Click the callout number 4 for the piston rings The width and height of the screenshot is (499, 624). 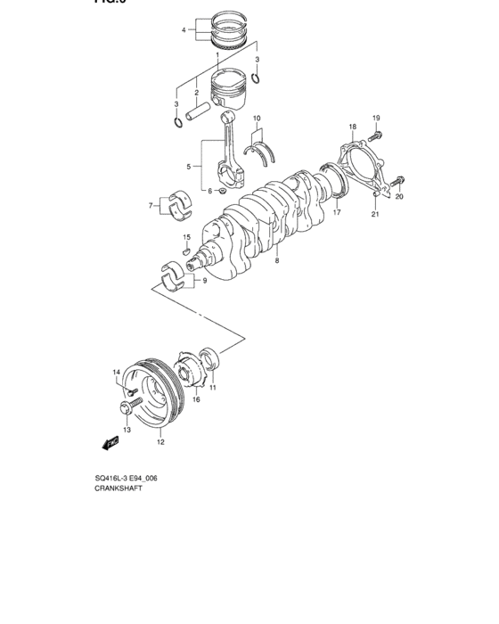click(184, 30)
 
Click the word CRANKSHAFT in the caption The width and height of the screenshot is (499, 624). click(119, 490)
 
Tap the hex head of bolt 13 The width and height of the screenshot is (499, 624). click(124, 409)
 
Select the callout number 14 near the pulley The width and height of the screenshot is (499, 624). click(115, 372)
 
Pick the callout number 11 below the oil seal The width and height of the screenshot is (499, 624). click(213, 388)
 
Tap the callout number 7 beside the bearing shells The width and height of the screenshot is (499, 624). click(151, 206)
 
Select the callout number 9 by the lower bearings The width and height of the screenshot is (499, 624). click(204, 281)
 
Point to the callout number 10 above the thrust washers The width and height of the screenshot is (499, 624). click(256, 119)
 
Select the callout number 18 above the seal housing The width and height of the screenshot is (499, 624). click(352, 127)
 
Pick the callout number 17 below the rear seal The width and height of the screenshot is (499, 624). click(337, 214)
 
